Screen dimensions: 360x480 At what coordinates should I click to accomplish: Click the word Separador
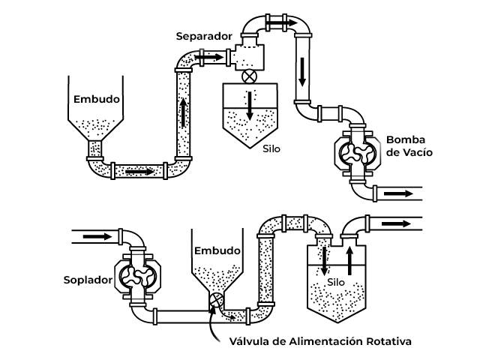pyautogui.click(x=204, y=35)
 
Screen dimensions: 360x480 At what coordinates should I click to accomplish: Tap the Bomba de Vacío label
pyautogui.click(x=409, y=145)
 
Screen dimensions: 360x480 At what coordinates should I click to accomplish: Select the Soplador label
pyautogui.click(x=87, y=280)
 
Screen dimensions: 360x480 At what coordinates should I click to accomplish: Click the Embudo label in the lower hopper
pyautogui.click(x=217, y=250)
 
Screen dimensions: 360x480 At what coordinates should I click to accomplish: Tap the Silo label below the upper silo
pyautogui.click(x=271, y=148)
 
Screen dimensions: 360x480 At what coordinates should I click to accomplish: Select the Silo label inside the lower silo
pyautogui.click(x=336, y=282)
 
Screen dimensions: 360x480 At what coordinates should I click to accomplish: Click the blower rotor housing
pyautogui.click(x=139, y=276)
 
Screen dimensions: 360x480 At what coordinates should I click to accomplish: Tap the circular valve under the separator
pyautogui.click(x=247, y=76)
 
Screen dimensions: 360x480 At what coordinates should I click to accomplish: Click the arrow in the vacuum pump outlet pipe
pyautogui.click(x=398, y=193)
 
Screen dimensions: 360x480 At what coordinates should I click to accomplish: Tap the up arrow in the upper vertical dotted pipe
pyautogui.click(x=183, y=113)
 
